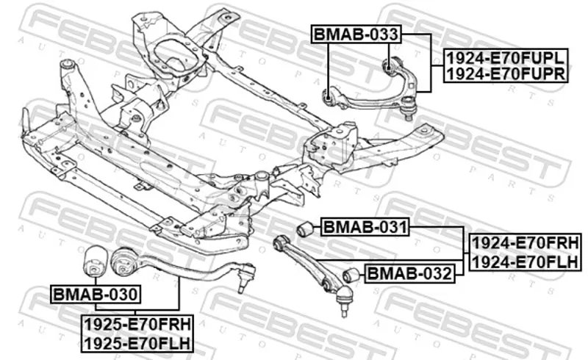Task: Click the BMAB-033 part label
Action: pos(356,34)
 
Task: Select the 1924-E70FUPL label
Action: pos(506,57)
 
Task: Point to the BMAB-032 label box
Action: pos(409,274)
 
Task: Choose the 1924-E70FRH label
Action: pos(526,243)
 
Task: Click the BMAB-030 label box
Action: pos(95,295)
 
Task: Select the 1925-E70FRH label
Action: pos(137,324)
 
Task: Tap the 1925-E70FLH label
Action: pos(137,341)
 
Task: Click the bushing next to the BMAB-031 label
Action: pos(306,229)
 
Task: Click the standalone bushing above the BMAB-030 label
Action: pos(94,258)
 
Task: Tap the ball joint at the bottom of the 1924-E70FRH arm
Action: pos(345,300)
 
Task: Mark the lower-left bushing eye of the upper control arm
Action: pos(330,93)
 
